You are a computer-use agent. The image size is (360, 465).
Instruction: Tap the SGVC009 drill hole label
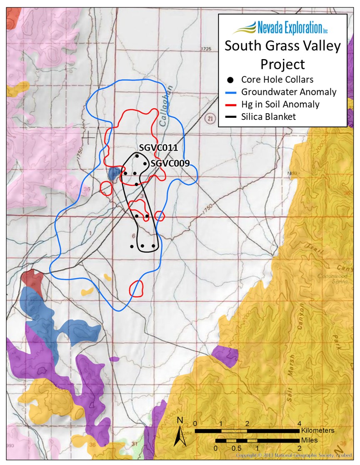point(170,164)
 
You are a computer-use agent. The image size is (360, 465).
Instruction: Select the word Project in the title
point(282,64)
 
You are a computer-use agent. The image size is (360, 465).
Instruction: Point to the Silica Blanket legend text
point(268,117)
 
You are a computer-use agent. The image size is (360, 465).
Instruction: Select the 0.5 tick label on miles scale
point(236,448)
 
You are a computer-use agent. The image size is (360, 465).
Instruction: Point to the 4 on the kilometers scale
point(299,424)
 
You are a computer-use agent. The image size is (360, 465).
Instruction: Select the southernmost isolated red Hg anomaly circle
point(137,288)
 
